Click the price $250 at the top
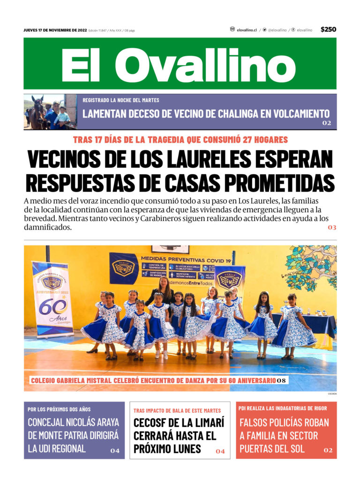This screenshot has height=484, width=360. coord(328,30)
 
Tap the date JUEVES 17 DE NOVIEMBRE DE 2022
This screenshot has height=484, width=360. coord(55,30)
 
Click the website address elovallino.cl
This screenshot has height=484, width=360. coord(247,30)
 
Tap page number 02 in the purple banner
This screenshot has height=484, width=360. coord(326,123)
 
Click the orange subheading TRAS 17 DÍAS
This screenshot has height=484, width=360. coord(180,140)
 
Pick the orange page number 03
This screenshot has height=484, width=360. coord(332,227)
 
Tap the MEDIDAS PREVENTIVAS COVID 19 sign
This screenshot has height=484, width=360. coord(186,260)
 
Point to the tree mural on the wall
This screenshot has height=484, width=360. coord(311,267)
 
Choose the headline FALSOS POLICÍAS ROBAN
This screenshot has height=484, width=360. coord(284,422)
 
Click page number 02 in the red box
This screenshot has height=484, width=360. coord(328,450)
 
